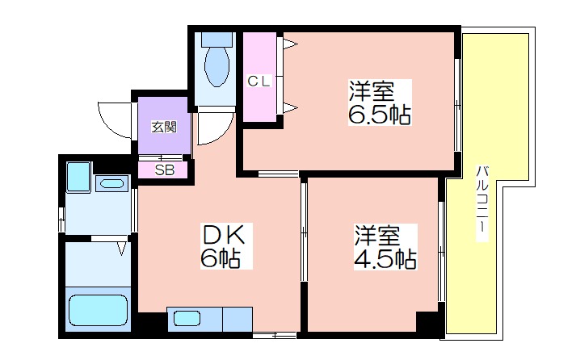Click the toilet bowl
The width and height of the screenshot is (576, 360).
[x=217, y=67]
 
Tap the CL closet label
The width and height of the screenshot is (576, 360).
[x=259, y=81]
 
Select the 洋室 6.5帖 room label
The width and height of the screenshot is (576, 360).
[x=380, y=103]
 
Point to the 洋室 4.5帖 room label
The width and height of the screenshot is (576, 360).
[x=385, y=247]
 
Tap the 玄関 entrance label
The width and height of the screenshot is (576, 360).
[x=164, y=127]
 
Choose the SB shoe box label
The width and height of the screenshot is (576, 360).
[x=165, y=170]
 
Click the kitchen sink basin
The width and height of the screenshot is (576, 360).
[x=187, y=318]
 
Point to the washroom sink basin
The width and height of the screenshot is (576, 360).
[x=111, y=183]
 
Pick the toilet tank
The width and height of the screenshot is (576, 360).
[x=217, y=40]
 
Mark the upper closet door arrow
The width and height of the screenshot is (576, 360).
[x=290, y=44]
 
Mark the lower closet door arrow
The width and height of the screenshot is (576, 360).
[x=290, y=107]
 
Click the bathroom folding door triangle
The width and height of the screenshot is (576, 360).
[x=122, y=248]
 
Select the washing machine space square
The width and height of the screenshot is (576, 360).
[x=78, y=177]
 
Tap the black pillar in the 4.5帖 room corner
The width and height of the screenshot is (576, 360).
[x=427, y=321]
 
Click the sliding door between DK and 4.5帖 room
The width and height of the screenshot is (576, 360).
[x=304, y=232]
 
